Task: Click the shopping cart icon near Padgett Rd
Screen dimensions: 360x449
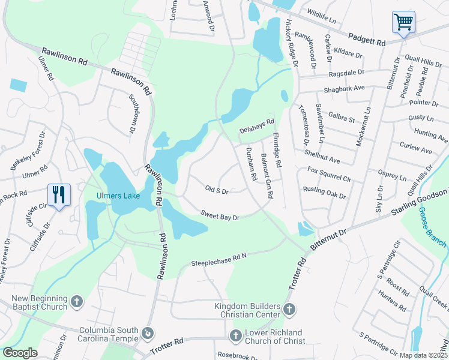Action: click(403, 23)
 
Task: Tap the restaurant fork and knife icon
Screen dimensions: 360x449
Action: click(59, 195)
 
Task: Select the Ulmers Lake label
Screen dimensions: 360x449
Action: click(118, 196)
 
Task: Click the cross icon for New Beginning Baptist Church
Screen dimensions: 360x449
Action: click(76, 301)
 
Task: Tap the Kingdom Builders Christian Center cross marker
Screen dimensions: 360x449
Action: click(289, 310)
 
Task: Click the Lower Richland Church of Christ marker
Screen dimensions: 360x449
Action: click(235, 334)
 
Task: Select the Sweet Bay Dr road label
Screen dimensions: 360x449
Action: click(220, 215)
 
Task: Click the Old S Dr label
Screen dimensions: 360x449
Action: click(217, 190)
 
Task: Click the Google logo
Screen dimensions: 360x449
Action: click(20, 353)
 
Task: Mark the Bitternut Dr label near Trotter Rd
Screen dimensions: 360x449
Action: click(329, 239)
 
